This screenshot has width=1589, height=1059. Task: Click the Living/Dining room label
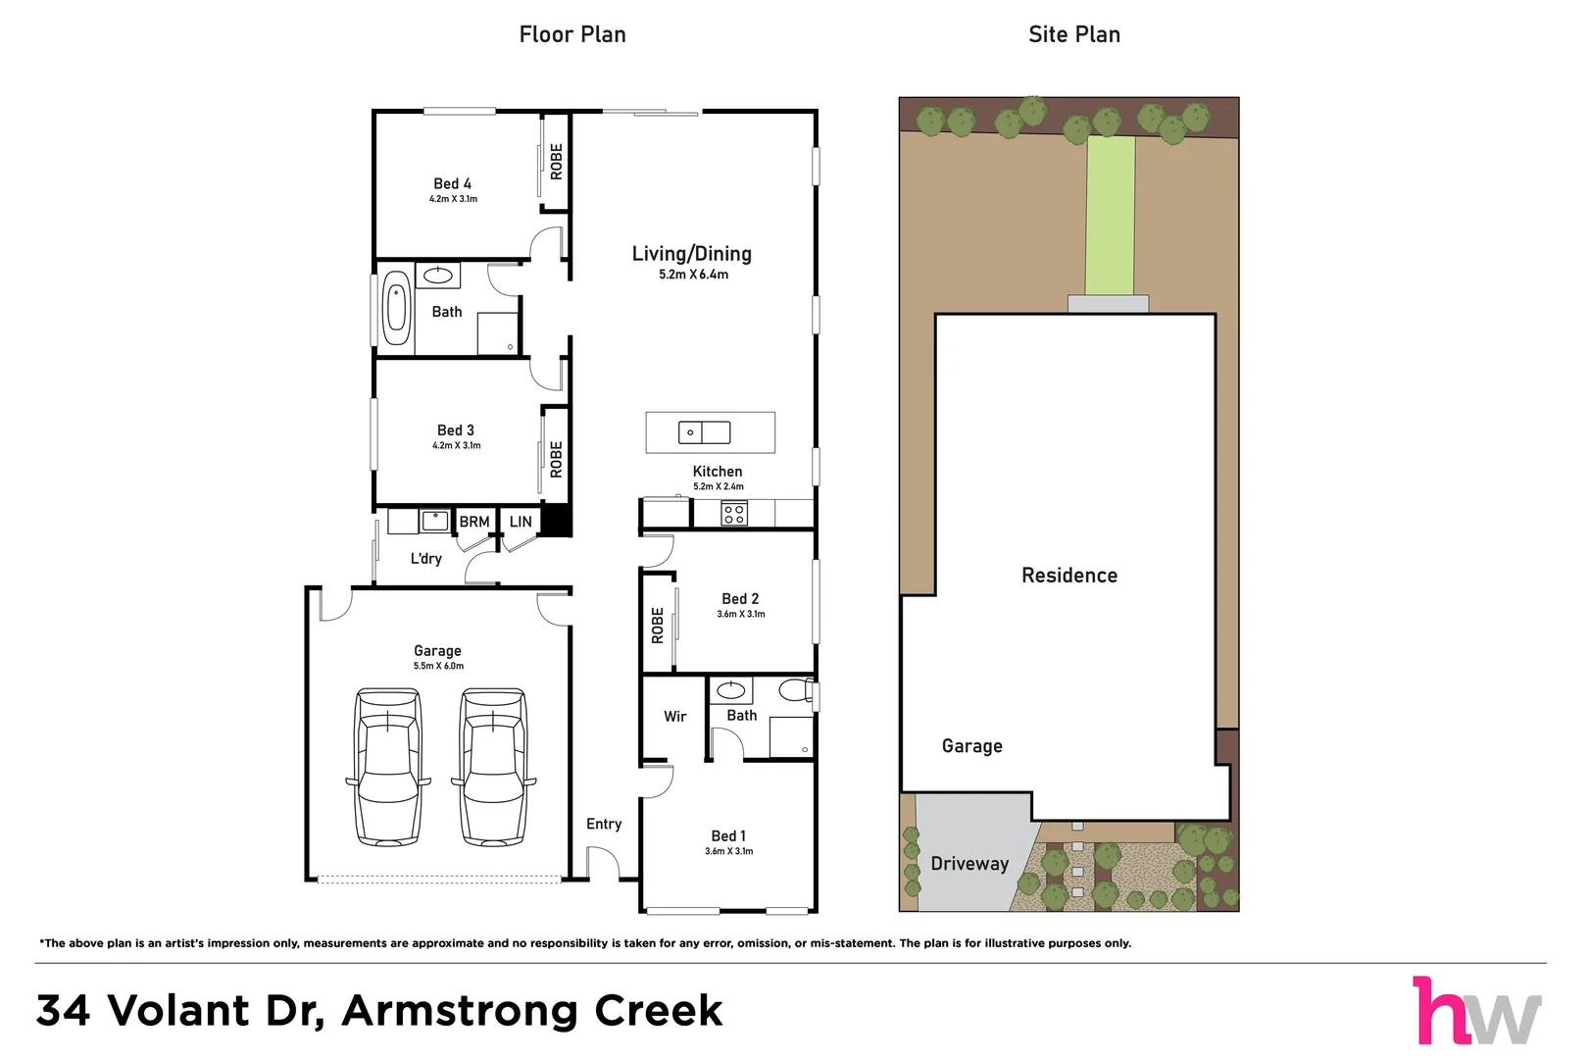click(692, 254)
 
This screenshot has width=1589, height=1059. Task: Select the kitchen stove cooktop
click(734, 513)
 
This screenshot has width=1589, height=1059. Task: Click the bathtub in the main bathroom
click(396, 312)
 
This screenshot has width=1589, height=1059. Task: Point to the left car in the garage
click(388, 767)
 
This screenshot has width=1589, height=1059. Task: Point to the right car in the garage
click(494, 767)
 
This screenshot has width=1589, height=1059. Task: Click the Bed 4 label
click(453, 183)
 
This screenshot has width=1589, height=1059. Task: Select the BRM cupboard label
click(474, 522)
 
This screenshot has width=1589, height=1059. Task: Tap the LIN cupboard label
click(521, 522)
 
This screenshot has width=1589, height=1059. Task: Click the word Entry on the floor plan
click(604, 824)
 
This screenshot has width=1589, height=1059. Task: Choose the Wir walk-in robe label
click(675, 717)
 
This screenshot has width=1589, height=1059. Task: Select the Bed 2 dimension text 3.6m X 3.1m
click(741, 614)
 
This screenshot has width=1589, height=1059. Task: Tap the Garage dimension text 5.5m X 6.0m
click(438, 666)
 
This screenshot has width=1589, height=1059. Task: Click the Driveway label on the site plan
click(969, 864)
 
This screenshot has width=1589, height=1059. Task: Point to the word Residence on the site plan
click(1069, 575)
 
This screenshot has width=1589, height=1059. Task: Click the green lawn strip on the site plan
click(1111, 215)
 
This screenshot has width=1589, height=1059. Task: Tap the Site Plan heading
click(1074, 34)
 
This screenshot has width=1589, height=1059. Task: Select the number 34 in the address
click(63, 1010)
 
